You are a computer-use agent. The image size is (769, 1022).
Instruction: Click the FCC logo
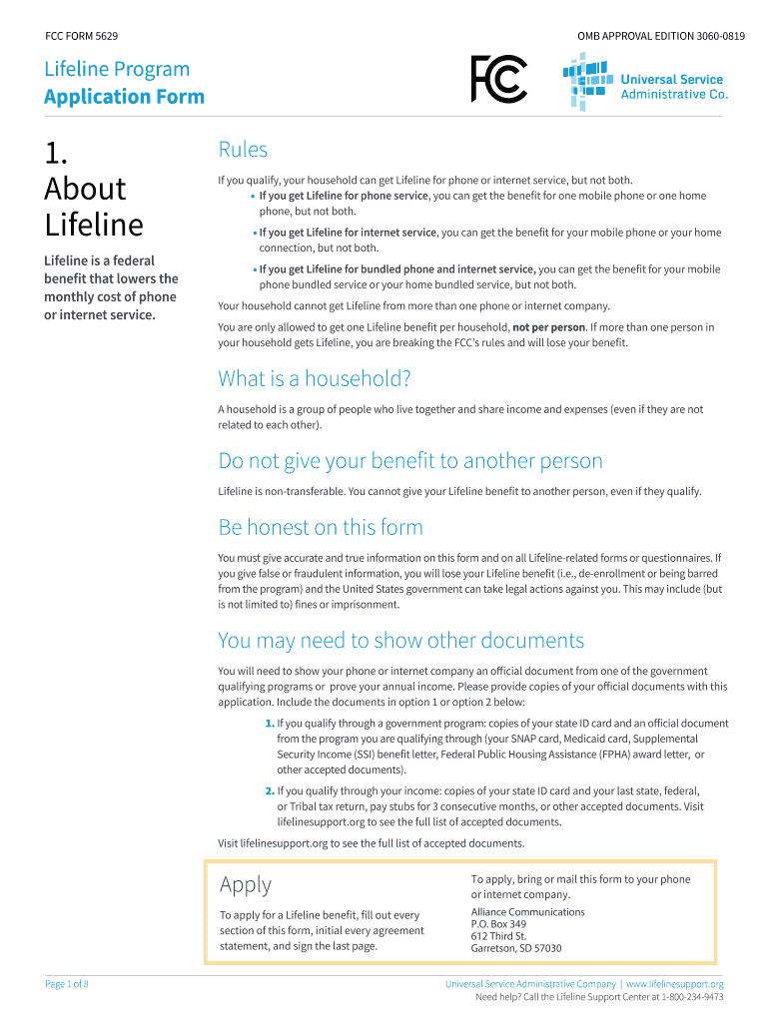pos(498,79)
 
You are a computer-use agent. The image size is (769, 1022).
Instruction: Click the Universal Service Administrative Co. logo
pos(644,83)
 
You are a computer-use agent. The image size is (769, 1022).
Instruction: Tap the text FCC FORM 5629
pos(82,36)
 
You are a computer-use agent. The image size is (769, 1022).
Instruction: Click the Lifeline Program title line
pos(117,69)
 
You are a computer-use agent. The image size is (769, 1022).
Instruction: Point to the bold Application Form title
pos(124,97)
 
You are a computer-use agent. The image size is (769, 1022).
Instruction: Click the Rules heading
pos(243,150)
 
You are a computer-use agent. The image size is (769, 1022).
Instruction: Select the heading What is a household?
pos(315,379)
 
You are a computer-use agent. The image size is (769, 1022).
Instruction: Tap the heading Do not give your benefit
pos(410,461)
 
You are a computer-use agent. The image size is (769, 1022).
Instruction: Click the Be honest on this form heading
pos(321,527)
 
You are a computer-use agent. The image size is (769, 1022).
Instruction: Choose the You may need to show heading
pos(400,640)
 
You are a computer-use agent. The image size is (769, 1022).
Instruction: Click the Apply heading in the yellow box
pos(245,884)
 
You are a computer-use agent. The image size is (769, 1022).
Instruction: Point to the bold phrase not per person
pos(548,327)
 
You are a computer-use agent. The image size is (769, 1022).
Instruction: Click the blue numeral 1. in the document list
pos(270,724)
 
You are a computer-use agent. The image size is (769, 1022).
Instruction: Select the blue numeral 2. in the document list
pos(270,790)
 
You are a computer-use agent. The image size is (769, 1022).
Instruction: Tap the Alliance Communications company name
pos(527,912)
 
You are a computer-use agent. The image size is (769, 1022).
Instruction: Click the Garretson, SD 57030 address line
pos(515,948)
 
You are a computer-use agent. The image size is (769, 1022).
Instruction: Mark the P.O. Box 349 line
pos(498,924)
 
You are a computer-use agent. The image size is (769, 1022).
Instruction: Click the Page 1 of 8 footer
pos(67,984)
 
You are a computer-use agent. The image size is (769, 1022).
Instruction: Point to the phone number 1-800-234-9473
pos(685,997)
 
